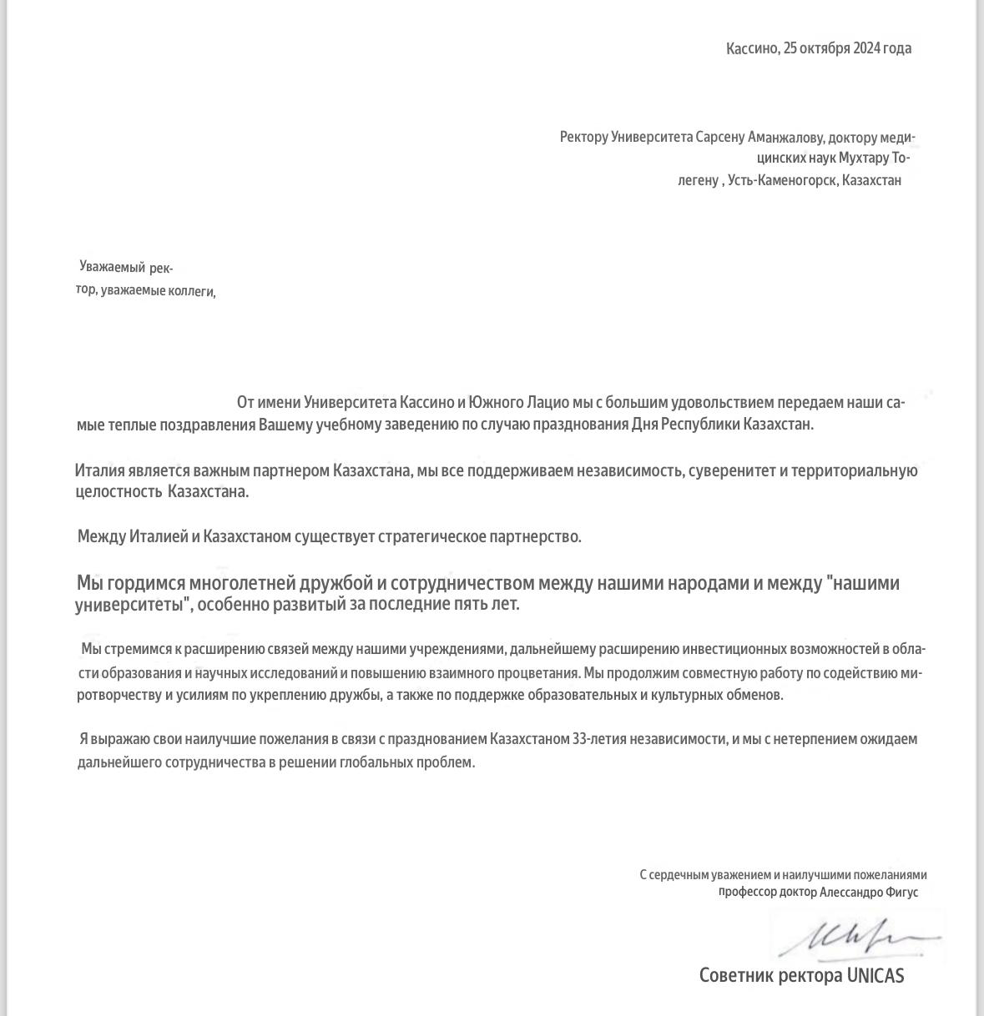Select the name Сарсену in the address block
pos(720,137)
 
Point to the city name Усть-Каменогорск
pos(782,180)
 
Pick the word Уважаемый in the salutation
pos(113,267)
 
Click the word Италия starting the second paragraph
pos(99,470)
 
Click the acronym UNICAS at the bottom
pos(876,975)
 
